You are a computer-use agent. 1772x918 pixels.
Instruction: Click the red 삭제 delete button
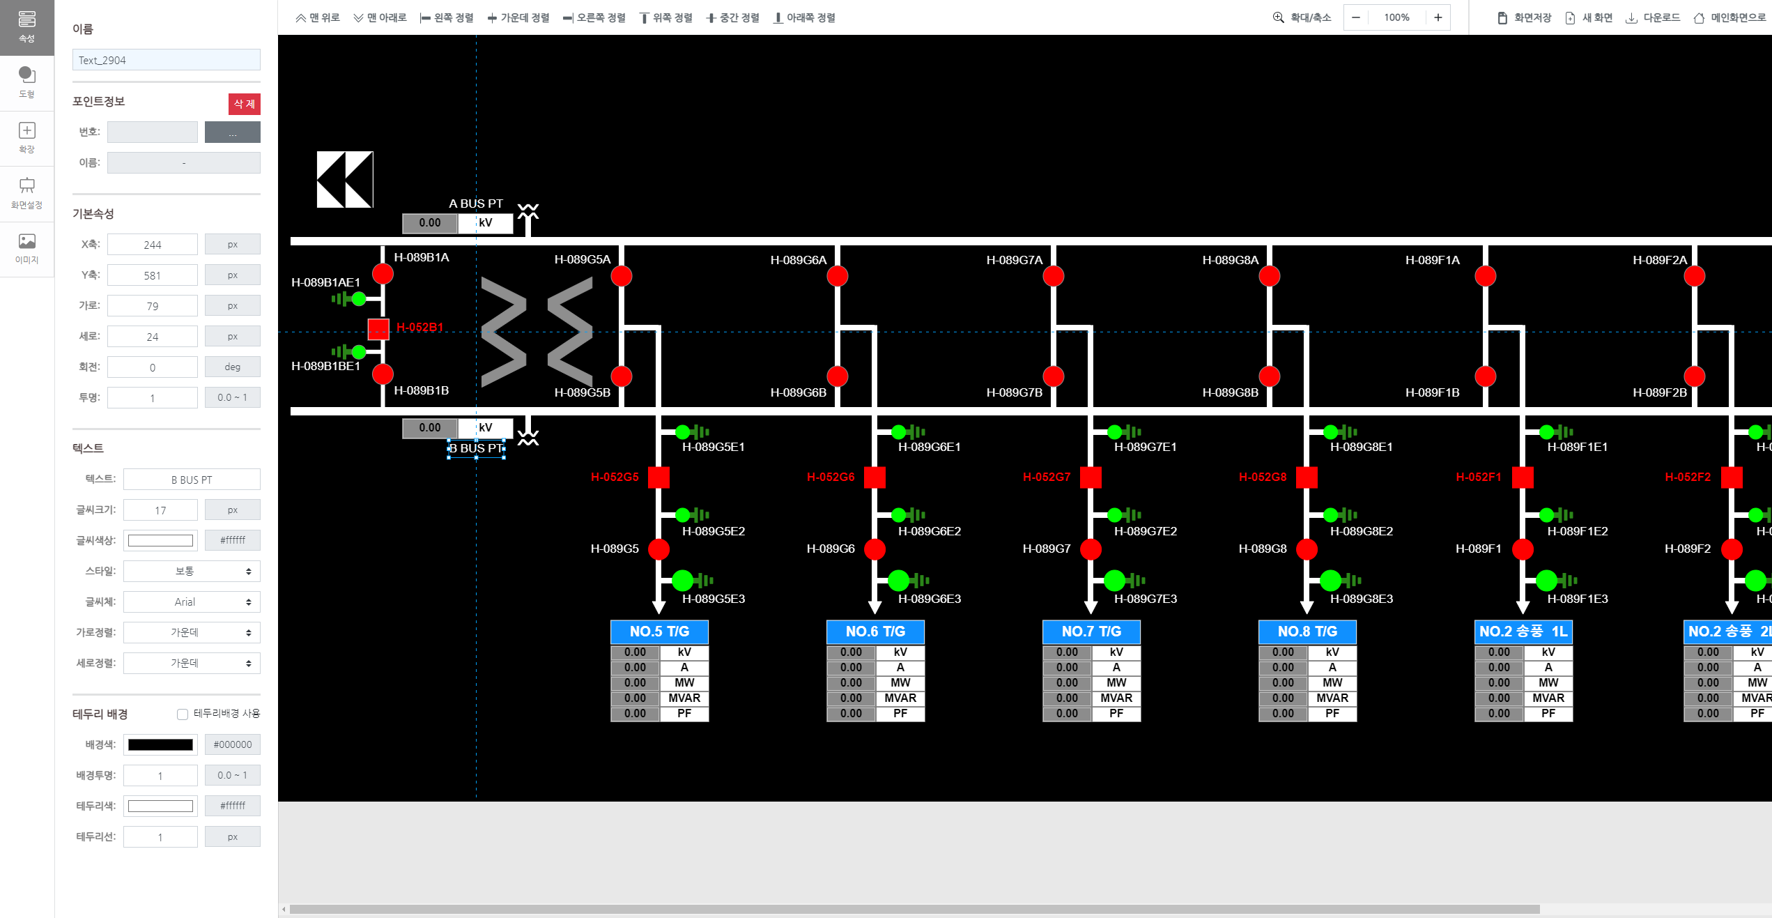point(244,104)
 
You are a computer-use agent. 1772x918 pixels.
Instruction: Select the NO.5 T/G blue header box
point(659,632)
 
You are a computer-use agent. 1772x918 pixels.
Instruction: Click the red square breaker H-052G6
point(875,477)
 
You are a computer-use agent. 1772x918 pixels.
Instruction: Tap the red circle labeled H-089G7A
point(1053,276)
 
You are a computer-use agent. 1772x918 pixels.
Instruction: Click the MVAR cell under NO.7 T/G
point(1116,698)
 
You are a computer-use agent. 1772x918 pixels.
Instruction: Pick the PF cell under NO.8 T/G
point(1332,713)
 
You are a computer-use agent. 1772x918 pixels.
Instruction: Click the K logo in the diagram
point(345,179)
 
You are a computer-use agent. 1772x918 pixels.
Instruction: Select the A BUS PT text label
point(475,204)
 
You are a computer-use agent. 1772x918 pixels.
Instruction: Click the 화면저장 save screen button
point(1524,17)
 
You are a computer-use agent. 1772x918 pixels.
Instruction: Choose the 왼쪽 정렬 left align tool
point(447,17)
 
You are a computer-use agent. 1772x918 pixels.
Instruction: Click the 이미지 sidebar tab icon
point(26,248)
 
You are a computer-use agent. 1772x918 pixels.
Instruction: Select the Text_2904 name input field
point(166,60)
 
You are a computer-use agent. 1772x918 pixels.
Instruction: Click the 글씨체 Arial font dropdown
point(192,602)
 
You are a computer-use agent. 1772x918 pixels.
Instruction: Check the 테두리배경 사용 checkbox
point(183,714)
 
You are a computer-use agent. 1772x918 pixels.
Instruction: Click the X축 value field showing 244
point(152,245)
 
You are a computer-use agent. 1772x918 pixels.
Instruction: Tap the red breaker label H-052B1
point(419,327)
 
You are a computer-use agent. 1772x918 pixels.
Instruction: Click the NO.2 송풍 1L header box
point(1523,632)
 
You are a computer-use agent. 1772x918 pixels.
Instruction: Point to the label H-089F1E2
point(1577,531)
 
